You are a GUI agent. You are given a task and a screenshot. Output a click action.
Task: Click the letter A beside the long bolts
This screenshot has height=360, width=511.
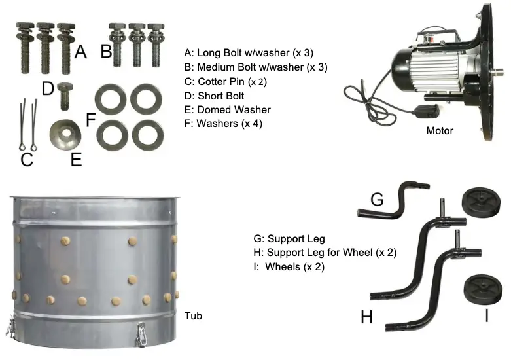coord(80,51)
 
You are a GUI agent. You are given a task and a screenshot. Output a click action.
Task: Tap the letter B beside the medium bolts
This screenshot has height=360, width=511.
coord(106,52)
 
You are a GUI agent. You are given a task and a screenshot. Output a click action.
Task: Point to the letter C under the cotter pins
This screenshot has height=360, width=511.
coord(27,160)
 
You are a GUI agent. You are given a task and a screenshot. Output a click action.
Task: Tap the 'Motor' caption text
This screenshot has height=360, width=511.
coord(440,131)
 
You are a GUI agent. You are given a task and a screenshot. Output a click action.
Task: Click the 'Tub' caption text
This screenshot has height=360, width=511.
coord(193,316)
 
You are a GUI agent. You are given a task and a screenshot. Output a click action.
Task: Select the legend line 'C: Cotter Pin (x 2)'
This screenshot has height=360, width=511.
coord(226,82)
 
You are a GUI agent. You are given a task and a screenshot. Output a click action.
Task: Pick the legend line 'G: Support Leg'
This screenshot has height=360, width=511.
coord(289,239)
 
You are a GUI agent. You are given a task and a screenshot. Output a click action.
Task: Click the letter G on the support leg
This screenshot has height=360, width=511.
coord(377,199)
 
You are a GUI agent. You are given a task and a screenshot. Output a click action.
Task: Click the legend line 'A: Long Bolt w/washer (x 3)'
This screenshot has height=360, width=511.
coord(256,53)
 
